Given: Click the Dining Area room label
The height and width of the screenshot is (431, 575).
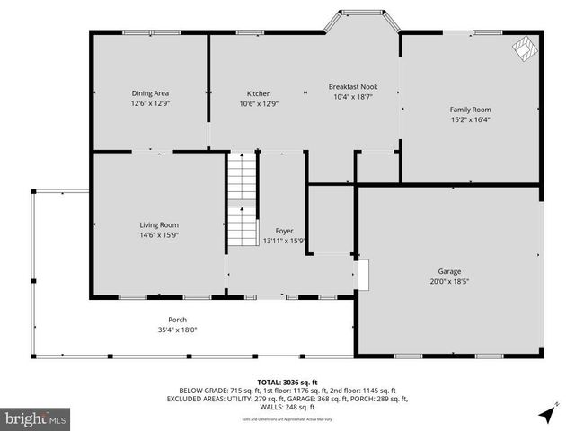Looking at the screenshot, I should click(150, 92).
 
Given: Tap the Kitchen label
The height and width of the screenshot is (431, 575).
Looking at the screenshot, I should click(259, 93).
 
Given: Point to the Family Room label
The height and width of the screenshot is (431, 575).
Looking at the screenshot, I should click(470, 110).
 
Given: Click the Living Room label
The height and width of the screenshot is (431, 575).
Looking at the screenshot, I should click(158, 224).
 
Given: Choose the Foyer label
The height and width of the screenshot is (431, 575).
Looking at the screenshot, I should click(284, 231).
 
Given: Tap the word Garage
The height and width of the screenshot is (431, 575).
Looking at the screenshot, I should click(449, 271).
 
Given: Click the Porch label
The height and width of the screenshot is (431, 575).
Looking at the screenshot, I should click(177, 320).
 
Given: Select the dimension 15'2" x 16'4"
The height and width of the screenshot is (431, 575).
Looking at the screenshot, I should click(470, 119).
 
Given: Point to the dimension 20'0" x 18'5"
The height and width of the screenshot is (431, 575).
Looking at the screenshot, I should click(449, 281).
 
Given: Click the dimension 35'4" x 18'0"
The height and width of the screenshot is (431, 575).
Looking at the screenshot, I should click(177, 330).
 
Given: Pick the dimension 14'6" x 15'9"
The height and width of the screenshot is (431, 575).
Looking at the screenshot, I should click(158, 234).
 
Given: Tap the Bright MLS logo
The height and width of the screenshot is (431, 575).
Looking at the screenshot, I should click(36, 418).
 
